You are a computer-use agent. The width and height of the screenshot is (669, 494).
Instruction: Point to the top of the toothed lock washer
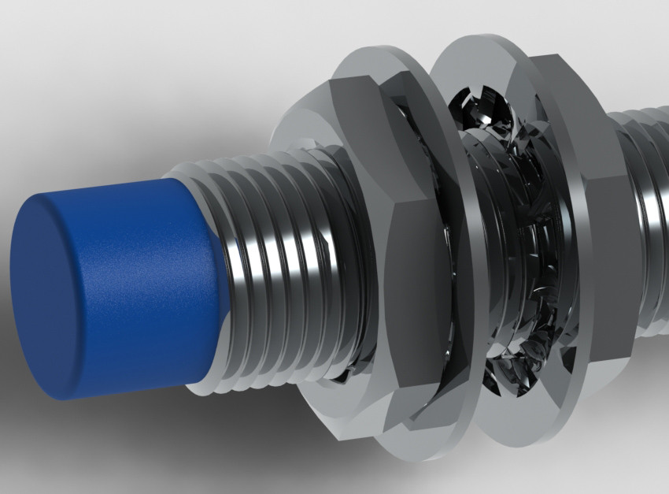click(x=480, y=102)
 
